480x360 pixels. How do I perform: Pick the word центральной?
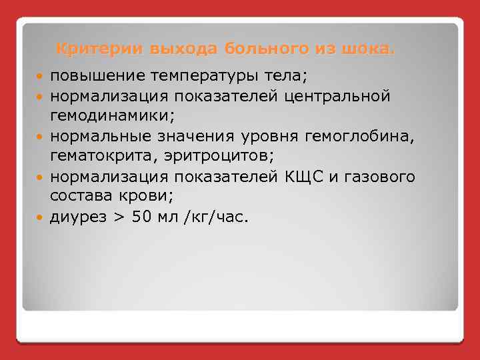pyautogui.click(x=337, y=97)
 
